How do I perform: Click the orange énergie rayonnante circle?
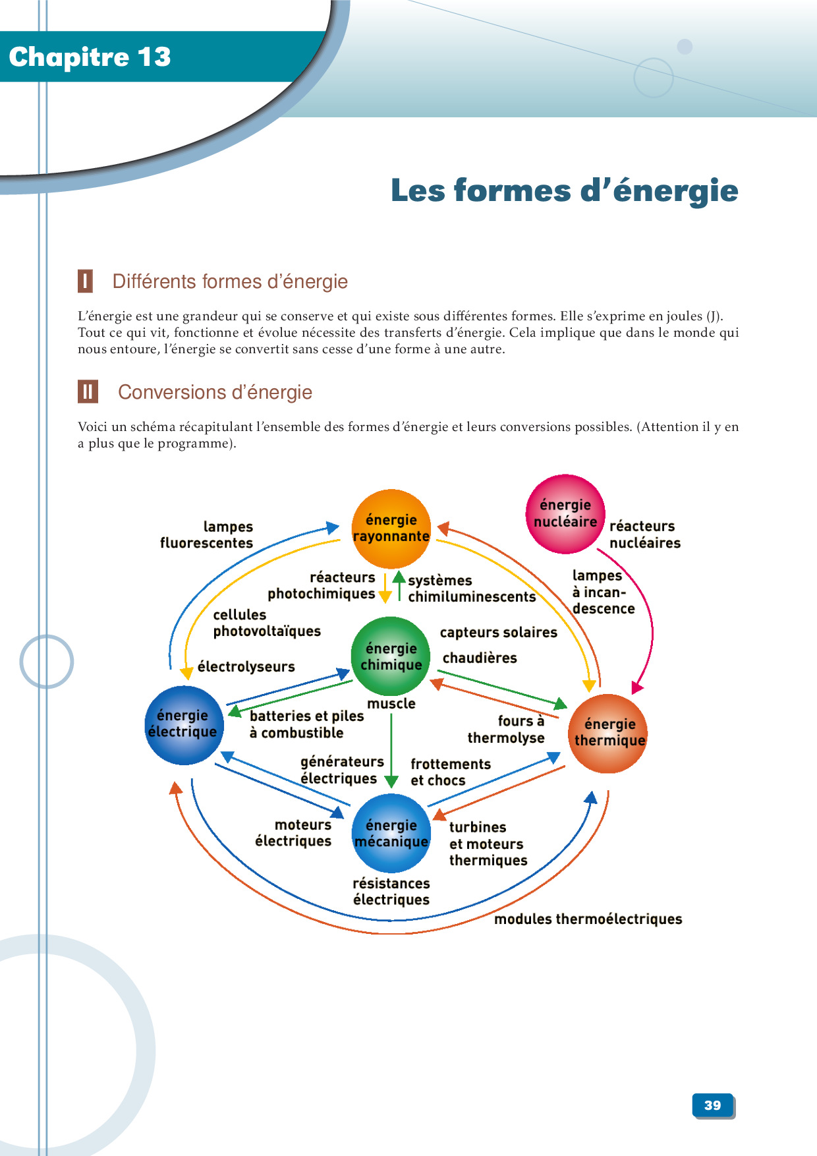[x=391, y=529]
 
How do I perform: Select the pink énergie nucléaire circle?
[x=565, y=513]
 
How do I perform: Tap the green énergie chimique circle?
[x=391, y=656]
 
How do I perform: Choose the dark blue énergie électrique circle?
[x=184, y=725]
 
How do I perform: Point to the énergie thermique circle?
[x=607, y=733]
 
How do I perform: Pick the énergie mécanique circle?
[x=391, y=834]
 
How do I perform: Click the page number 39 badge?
[x=713, y=1105]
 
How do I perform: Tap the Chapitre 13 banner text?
[x=90, y=57]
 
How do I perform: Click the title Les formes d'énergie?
[x=564, y=190]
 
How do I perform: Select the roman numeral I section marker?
[x=85, y=281]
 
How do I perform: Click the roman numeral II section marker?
[x=88, y=391]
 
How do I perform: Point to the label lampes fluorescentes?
[x=207, y=535]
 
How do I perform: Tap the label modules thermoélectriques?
[x=588, y=919]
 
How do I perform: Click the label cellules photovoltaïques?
[x=266, y=623]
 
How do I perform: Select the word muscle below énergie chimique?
[x=391, y=703]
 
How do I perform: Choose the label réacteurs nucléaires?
[x=644, y=535]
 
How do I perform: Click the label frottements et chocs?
[x=451, y=772]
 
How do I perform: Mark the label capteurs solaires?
[x=498, y=632]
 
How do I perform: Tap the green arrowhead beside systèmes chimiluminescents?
[x=399, y=577]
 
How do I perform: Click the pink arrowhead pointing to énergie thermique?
[x=636, y=687]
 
